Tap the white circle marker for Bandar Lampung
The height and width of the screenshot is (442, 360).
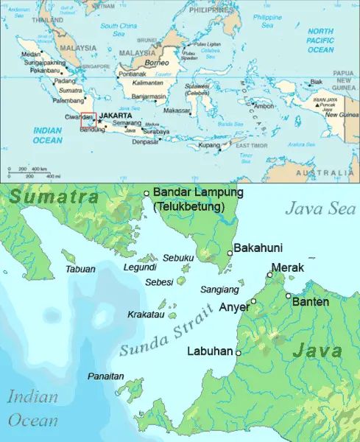point(147,193)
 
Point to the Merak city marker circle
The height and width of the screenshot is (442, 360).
point(269,275)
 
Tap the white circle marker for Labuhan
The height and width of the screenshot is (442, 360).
point(238,353)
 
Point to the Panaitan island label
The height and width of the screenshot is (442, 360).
point(106,376)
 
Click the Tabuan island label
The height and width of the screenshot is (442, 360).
point(80,270)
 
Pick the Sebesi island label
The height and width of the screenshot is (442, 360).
point(159,282)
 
